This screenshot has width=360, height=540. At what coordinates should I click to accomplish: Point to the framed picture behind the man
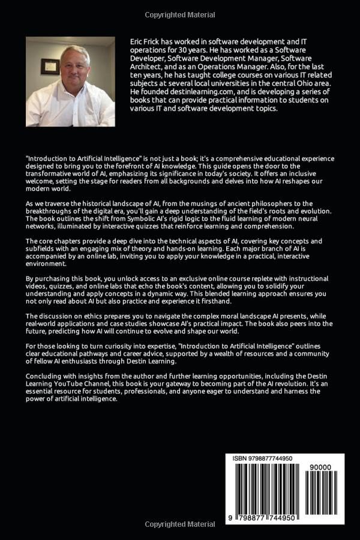(49, 66)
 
